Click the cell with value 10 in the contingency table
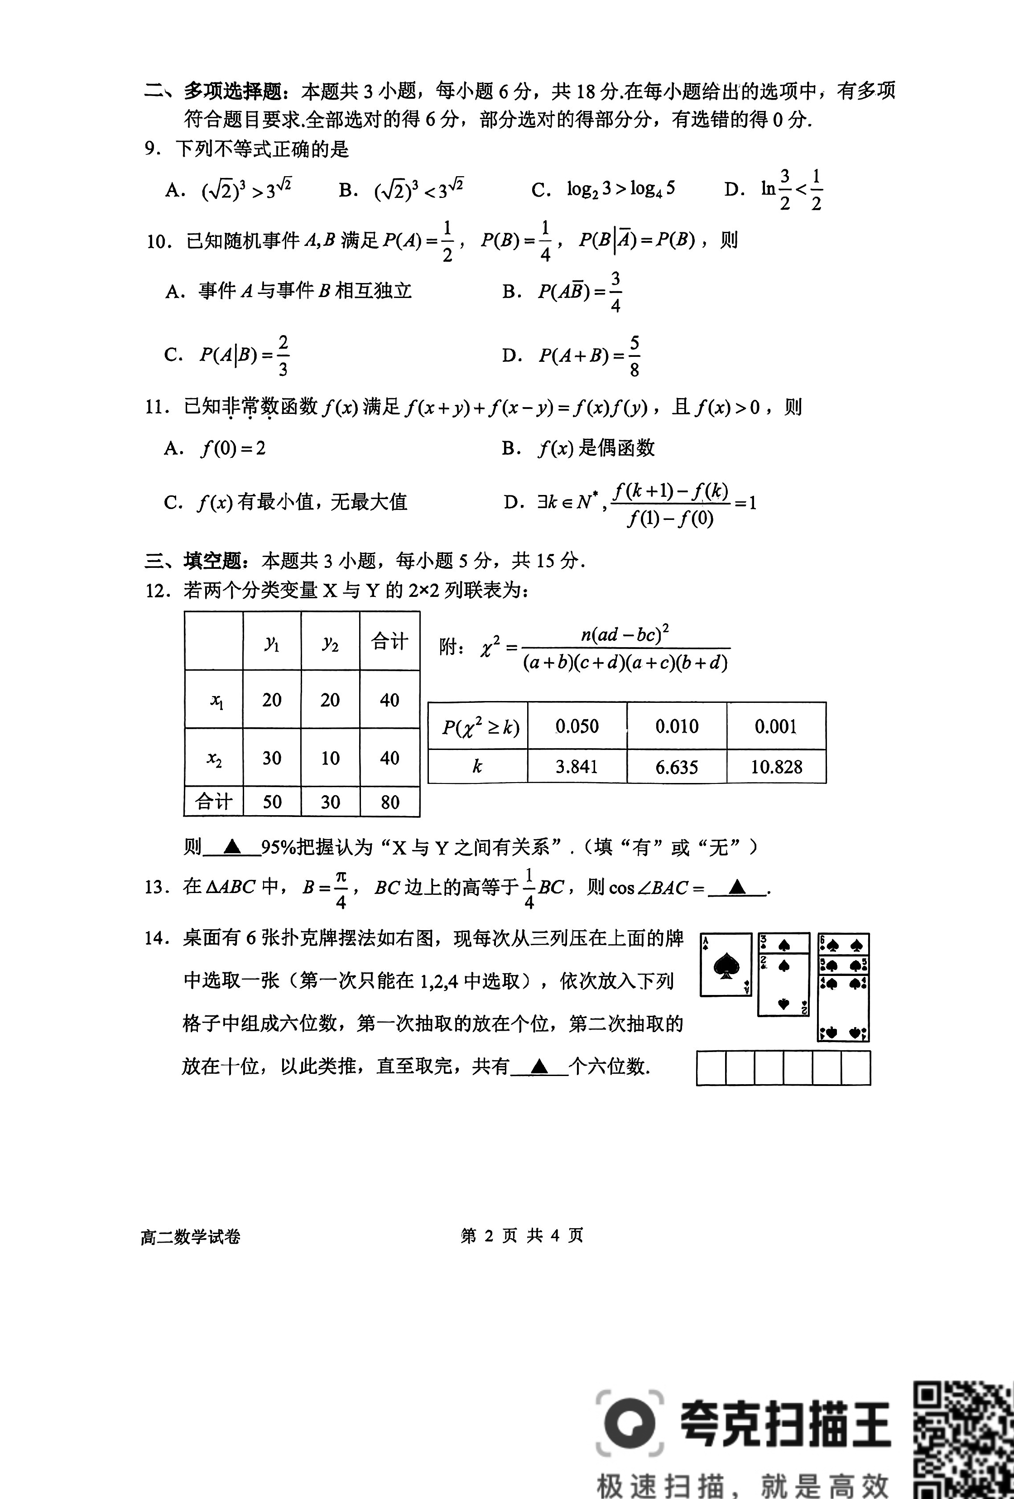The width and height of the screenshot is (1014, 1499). click(330, 758)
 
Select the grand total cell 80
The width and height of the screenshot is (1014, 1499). click(389, 802)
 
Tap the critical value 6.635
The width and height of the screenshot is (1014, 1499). click(676, 767)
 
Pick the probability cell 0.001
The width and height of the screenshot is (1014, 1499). click(776, 726)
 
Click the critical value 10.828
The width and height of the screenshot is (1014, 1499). click(776, 767)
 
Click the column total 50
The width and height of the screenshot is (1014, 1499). click(272, 802)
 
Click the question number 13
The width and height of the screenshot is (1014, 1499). click(156, 888)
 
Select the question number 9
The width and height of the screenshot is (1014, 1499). click(152, 149)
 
